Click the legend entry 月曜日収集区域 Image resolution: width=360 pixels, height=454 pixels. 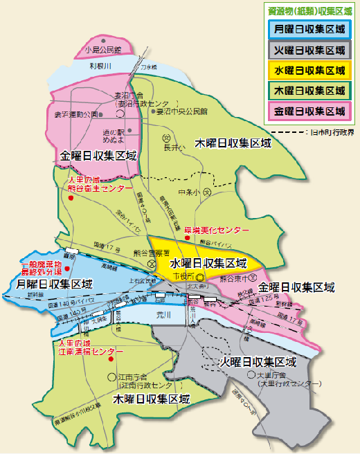pos(309,30)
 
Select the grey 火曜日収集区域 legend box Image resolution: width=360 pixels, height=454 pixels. pos(309,50)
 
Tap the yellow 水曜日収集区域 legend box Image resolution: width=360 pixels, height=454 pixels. pos(309,70)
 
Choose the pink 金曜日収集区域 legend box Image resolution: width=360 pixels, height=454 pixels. pos(309,110)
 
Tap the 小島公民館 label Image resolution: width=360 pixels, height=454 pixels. pos(102,50)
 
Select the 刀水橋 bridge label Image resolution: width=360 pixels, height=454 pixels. pos(149,66)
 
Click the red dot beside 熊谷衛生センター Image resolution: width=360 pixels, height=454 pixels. pos(71,199)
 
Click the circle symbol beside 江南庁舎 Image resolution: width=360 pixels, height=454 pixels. pos(111,376)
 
